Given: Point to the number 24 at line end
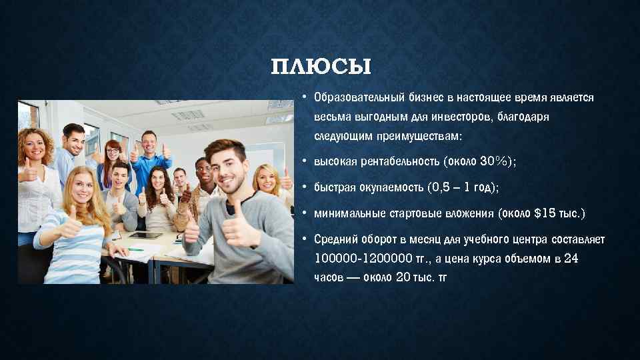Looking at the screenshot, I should click(571, 259).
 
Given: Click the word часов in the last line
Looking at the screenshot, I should click(328, 277).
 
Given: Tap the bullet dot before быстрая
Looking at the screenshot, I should click(303, 188).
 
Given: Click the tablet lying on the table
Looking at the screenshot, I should click(145, 235).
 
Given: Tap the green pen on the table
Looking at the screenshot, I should click(137, 249).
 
